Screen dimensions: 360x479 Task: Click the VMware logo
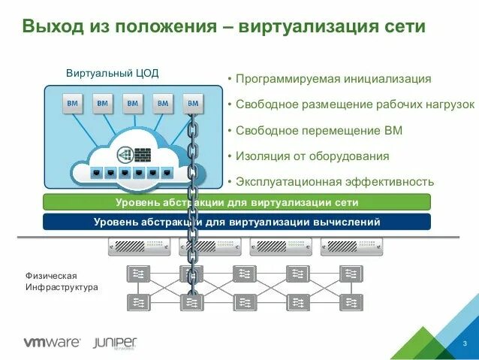click(x=52, y=343)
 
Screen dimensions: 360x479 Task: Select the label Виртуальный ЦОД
click(x=112, y=74)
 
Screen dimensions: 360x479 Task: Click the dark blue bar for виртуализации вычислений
click(x=236, y=222)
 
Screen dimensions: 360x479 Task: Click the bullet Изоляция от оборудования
click(x=312, y=156)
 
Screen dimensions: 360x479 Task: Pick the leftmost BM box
click(x=73, y=103)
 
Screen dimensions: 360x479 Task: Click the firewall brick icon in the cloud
click(x=142, y=153)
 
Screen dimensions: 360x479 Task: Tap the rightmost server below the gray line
click(x=352, y=247)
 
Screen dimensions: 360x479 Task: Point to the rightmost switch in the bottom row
click(x=351, y=302)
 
